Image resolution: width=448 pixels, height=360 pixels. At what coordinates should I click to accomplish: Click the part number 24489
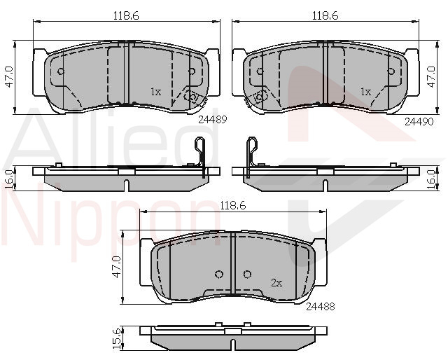(212, 119)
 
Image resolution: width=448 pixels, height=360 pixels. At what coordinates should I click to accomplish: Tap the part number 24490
(419, 122)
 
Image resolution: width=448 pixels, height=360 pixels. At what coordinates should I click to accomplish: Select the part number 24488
(321, 307)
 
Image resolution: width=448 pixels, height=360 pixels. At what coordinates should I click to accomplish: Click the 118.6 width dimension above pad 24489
(126, 15)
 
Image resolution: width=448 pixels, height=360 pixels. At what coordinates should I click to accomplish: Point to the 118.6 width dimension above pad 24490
(325, 15)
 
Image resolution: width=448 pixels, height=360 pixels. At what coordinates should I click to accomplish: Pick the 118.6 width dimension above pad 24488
(233, 205)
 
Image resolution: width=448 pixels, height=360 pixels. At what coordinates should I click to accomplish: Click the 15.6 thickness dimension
(117, 338)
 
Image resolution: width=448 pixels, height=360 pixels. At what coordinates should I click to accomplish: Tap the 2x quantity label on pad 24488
(276, 283)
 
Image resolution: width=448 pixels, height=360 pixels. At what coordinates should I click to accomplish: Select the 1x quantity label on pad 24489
(156, 92)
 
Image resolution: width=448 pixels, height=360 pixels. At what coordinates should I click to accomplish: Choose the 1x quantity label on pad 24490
(365, 92)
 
